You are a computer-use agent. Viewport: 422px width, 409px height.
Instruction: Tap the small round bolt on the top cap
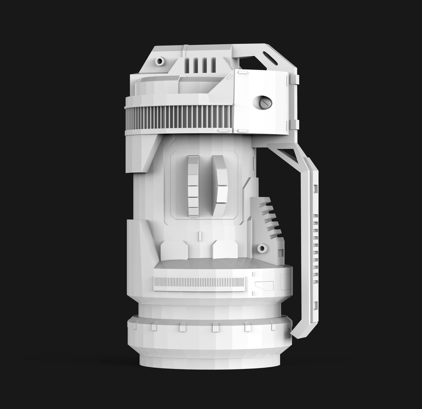click(160, 61)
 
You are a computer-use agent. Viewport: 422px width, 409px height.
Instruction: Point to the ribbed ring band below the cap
click(178, 117)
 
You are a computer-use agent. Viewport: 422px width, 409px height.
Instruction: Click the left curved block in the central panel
click(193, 186)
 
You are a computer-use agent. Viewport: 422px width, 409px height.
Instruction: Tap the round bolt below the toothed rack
click(262, 248)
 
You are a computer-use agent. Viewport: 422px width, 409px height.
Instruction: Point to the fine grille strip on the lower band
click(199, 282)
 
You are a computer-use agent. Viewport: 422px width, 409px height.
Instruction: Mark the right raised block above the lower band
click(225, 250)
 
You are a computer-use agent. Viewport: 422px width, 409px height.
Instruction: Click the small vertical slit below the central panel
click(199, 236)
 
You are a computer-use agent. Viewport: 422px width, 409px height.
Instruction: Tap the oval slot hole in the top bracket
click(270, 59)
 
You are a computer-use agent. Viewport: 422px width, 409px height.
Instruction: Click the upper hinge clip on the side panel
click(294, 79)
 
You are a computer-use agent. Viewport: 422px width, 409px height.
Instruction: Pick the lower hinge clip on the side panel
click(294, 124)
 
